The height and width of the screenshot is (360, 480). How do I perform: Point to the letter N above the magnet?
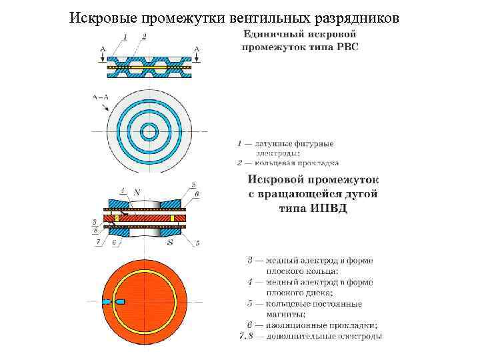[137, 192]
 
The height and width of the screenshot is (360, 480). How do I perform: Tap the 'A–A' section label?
[100, 97]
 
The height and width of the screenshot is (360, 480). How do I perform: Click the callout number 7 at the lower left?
[98, 243]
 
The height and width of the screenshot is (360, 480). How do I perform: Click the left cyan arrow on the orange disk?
[106, 302]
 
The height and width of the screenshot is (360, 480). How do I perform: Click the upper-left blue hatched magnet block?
[119, 203]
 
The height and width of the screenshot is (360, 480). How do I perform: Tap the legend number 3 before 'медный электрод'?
[241, 260]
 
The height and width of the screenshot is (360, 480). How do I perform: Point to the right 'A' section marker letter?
[196, 48]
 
